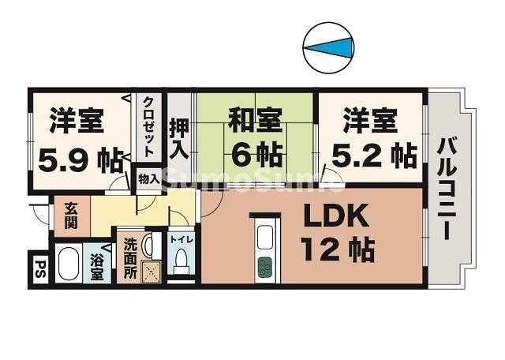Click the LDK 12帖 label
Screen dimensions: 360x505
(336, 232)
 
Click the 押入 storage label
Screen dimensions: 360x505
(178, 137)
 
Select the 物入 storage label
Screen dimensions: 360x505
(148, 180)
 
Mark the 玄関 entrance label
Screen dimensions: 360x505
(71, 214)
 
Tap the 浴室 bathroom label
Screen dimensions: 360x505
(97, 267)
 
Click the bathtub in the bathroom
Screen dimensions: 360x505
(68, 266)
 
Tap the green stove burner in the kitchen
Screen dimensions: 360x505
(264, 268)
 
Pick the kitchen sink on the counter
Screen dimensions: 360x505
(264, 236)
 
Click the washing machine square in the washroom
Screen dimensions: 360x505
(151, 271)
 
